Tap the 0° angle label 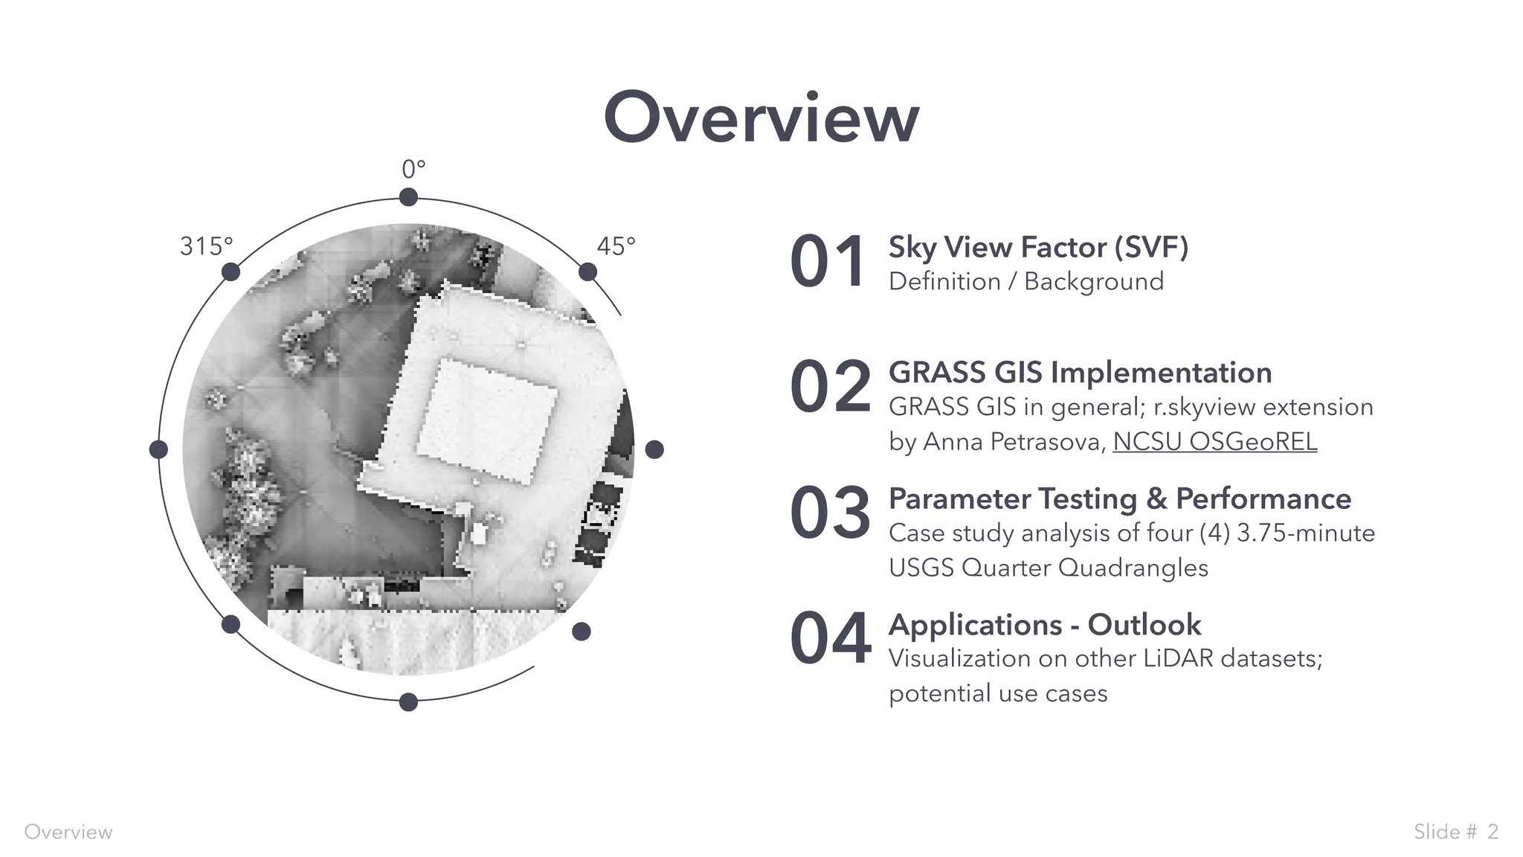coord(413,170)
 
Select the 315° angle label coord(206,246)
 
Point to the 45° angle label coord(616,246)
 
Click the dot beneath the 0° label coord(408,197)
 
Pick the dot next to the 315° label coord(231,272)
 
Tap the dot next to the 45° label coord(587,272)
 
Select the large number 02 coord(830,387)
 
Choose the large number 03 coord(830,513)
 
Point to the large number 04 coord(830,638)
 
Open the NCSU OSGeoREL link coord(1214,442)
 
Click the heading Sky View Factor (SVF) coord(1038,247)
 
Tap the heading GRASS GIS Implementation coord(1080,373)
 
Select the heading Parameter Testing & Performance coord(1119,498)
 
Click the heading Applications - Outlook coord(1044,625)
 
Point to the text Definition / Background coord(1025,281)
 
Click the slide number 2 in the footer coord(1493,831)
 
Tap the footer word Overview coord(68,832)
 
